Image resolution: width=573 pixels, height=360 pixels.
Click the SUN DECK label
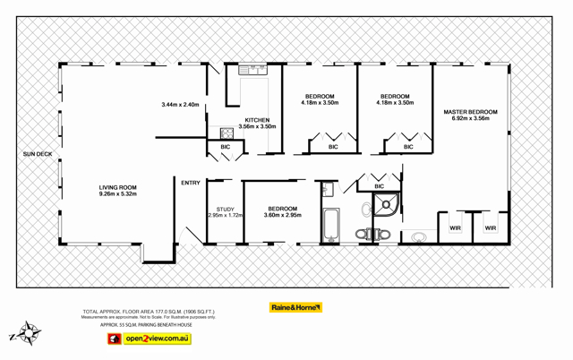tap(38, 155)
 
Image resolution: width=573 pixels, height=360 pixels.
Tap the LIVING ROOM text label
tap(117, 186)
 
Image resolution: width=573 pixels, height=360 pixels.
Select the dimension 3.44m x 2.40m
tap(180, 105)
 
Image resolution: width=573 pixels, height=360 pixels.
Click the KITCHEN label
tap(257, 120)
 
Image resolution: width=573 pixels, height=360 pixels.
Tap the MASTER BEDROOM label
tap(470, 112)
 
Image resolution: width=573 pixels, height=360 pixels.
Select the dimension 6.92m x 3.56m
tap(470, 118)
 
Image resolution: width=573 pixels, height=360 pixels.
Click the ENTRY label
tap(191, 183)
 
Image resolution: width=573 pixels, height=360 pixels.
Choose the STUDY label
tap(225, 209)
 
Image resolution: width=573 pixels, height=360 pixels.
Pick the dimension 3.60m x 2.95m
tap(282, 215)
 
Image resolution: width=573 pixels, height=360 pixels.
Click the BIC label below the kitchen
tap(225, 146)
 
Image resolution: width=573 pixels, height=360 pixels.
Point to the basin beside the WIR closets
tap(418, 237)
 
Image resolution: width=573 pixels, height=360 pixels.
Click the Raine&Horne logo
tap(295, 307)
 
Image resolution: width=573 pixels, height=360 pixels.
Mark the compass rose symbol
tap(30, 333)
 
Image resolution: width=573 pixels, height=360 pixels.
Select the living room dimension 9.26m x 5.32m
tap(117, 193)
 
